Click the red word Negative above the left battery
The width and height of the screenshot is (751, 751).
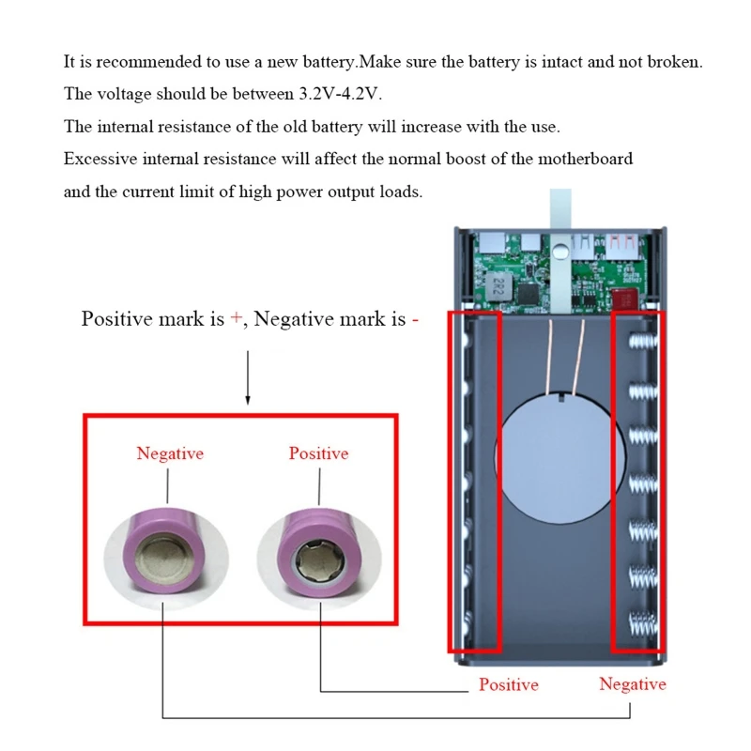(x=169, y=453)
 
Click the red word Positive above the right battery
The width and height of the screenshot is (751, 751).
(x=318, y=453)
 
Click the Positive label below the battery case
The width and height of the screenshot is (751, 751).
(x=509, y=684)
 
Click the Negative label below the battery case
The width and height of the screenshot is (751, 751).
(x=633, y=684)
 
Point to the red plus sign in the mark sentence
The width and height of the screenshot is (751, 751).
(x=236, y=318)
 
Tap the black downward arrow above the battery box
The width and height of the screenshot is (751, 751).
(x=249, y=375)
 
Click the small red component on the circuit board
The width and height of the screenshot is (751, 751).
(x=623, y=299)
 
